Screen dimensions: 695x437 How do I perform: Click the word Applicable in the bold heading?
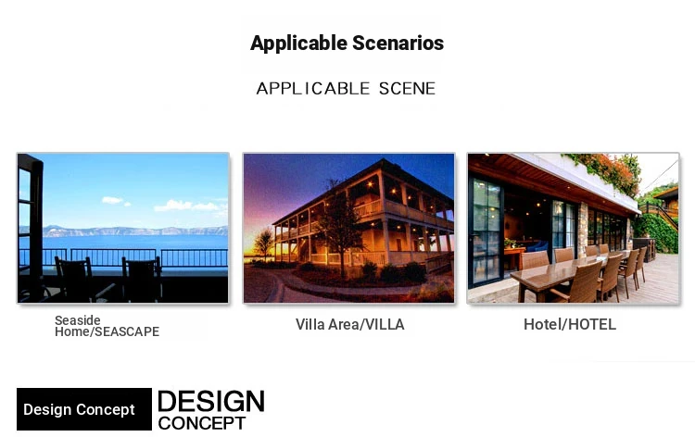coord(298,44)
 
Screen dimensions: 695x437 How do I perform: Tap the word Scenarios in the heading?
coord(398,43)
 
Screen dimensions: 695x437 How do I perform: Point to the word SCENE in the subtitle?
coord(408,89)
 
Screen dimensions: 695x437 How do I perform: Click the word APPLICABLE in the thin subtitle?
coord(313,89)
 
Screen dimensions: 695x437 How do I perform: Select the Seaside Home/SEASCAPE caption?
coord(107,326)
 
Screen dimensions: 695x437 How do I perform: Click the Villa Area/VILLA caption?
coord(349,325)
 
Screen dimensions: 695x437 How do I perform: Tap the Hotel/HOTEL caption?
coord(570,325)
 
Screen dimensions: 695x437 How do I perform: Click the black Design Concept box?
coord(84,409)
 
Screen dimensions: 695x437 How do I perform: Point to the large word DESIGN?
coord(211,402)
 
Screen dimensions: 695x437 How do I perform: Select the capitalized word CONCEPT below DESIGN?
coord(202,423)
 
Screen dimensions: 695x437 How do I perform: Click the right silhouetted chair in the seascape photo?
coord(143,279)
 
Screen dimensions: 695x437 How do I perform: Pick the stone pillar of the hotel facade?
coord(583,230)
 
